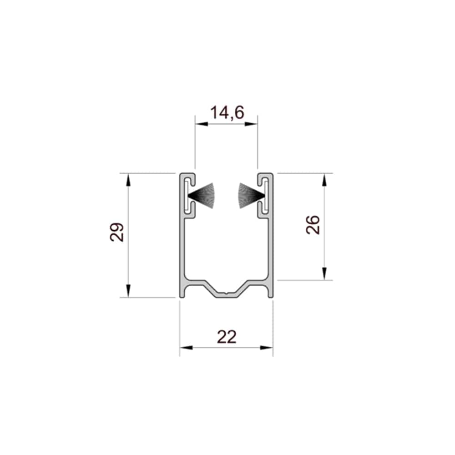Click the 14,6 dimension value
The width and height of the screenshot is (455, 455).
click(227, 112)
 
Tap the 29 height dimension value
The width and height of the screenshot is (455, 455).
click(117, 232)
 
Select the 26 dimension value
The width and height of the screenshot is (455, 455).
click(313, 225)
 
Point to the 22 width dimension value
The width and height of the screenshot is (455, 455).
click(227, 337)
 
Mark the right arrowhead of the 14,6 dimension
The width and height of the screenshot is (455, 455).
click(251, 124)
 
